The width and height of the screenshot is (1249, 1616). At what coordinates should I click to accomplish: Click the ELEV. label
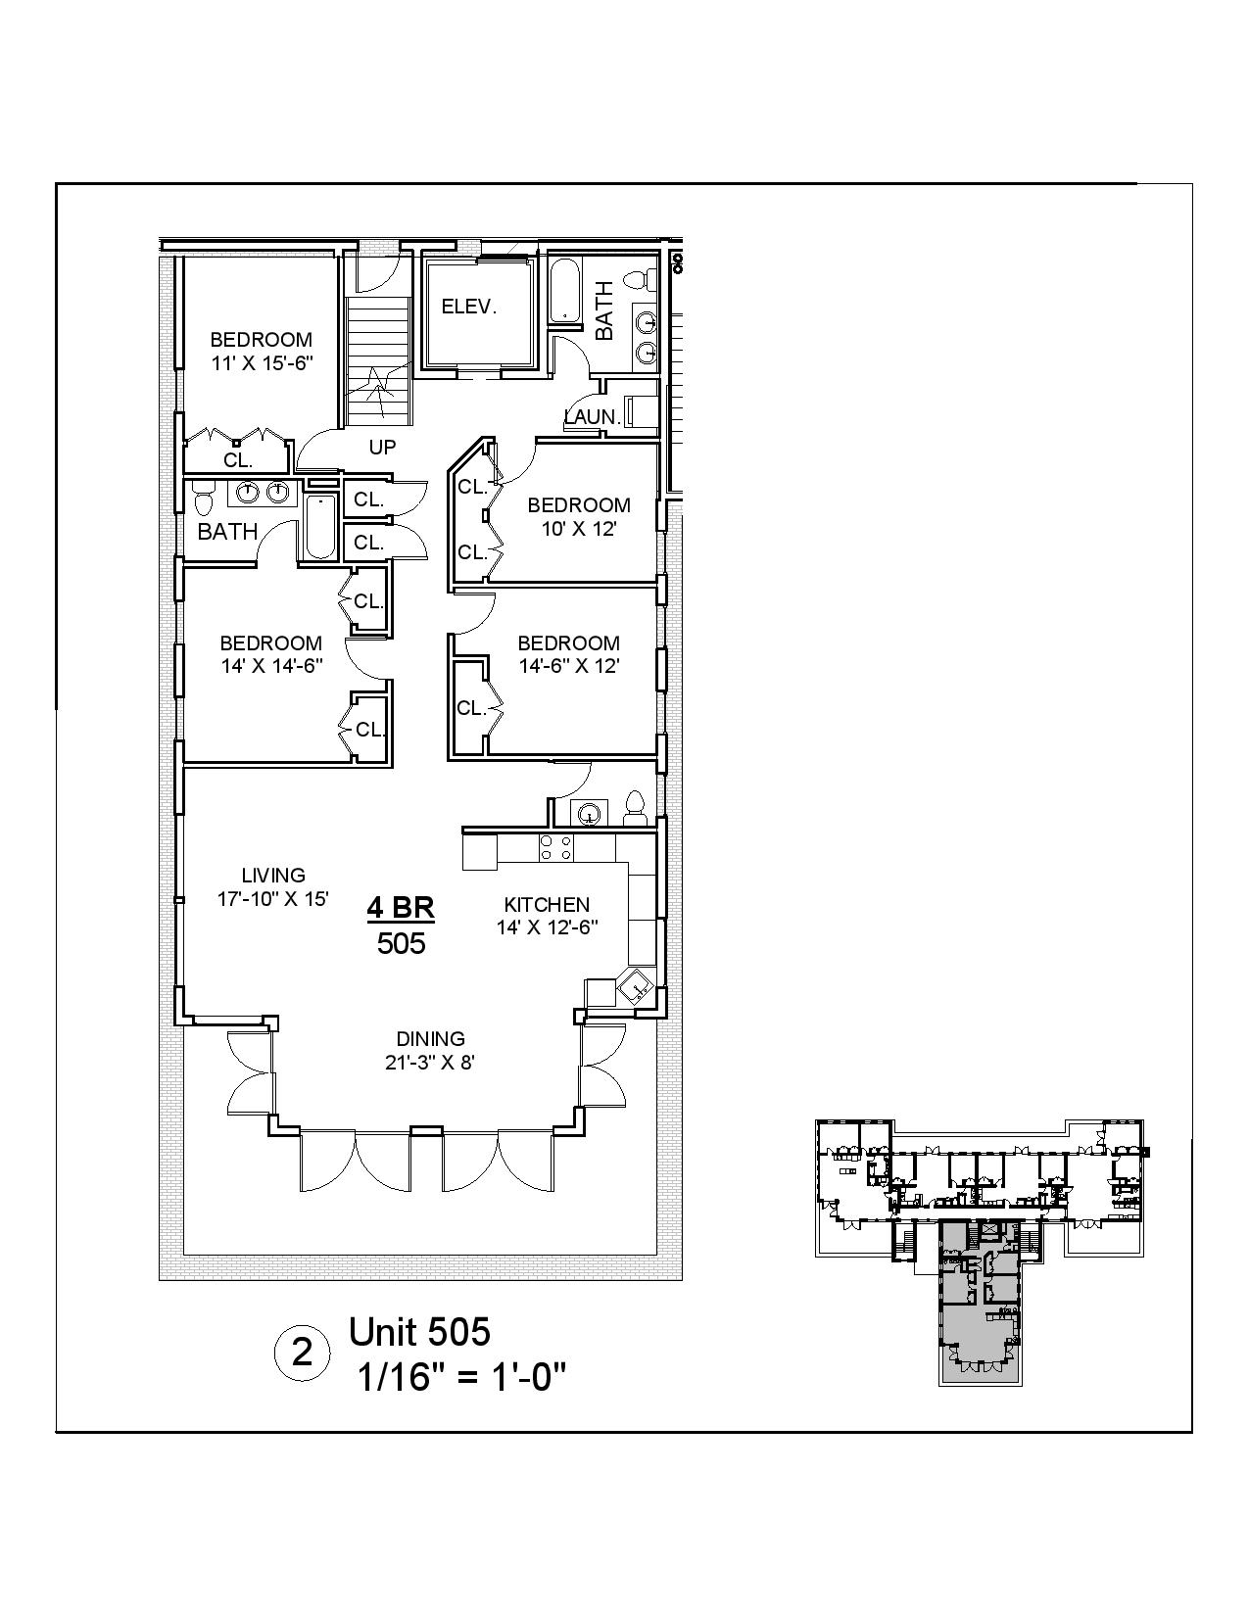469,307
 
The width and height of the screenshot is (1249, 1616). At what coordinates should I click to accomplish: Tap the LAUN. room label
593,417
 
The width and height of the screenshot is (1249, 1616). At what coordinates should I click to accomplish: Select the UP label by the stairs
382,448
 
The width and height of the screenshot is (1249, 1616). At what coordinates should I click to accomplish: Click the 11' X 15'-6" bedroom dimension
262,362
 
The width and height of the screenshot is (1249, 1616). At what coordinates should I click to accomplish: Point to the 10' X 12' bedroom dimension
578,528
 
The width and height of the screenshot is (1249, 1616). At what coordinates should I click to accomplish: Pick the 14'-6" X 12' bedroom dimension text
568,666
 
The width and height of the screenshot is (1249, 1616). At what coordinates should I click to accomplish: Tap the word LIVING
273,876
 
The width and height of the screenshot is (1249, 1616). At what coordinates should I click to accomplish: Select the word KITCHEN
547,905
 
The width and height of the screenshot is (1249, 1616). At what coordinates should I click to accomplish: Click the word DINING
430,1039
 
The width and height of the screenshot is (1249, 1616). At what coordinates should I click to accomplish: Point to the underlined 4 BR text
401,909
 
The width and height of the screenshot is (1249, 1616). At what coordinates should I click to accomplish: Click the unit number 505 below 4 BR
401,944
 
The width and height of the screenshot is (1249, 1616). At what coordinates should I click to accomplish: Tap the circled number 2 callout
303,1354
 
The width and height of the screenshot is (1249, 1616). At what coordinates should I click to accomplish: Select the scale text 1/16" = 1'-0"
461,1378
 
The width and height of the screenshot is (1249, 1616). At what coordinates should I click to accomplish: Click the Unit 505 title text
419,1332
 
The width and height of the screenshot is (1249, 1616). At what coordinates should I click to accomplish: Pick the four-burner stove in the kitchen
555,847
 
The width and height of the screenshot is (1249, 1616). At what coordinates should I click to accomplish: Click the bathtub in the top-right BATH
563,289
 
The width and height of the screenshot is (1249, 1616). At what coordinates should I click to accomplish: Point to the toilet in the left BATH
203,500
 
